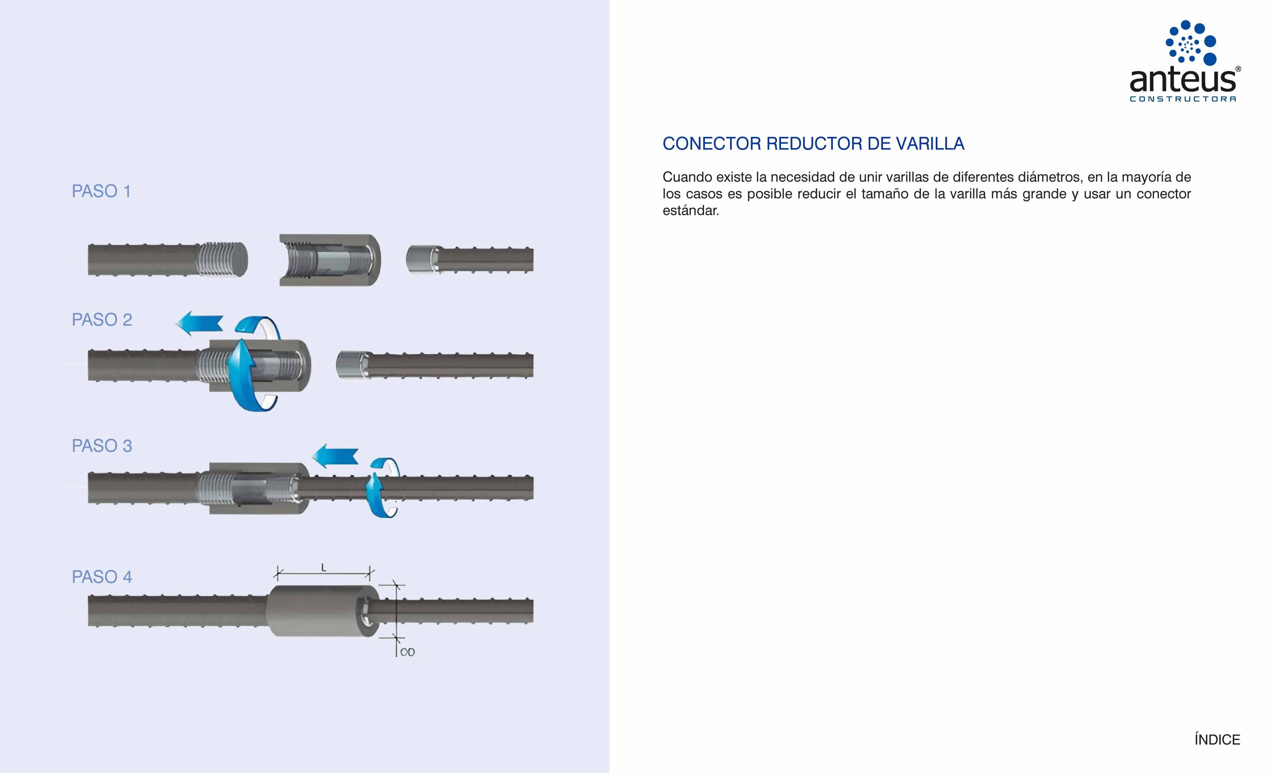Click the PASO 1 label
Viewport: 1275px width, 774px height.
(102, 192)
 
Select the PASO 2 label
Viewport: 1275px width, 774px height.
(102, 320)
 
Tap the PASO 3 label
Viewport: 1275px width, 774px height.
(102, 446)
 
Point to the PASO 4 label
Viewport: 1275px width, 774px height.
(102, 577)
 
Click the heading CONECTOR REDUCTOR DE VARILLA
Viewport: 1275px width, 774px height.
(813, 144)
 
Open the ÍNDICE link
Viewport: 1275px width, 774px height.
(1217, 740)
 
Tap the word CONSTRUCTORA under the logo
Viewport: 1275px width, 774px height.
(1183, 99)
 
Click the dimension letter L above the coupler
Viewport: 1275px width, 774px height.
(324, 568)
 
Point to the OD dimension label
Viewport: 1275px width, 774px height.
(408, 652)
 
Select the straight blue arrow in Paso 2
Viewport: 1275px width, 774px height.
(199, 323)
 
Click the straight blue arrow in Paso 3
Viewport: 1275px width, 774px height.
(335, 456)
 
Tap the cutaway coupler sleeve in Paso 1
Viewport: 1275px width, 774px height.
(330, 260)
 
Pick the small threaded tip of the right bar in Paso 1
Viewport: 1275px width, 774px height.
(422, 259)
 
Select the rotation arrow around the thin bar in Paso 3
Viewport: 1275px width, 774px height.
(383, 488)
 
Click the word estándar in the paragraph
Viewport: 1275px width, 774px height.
(691, 211)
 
